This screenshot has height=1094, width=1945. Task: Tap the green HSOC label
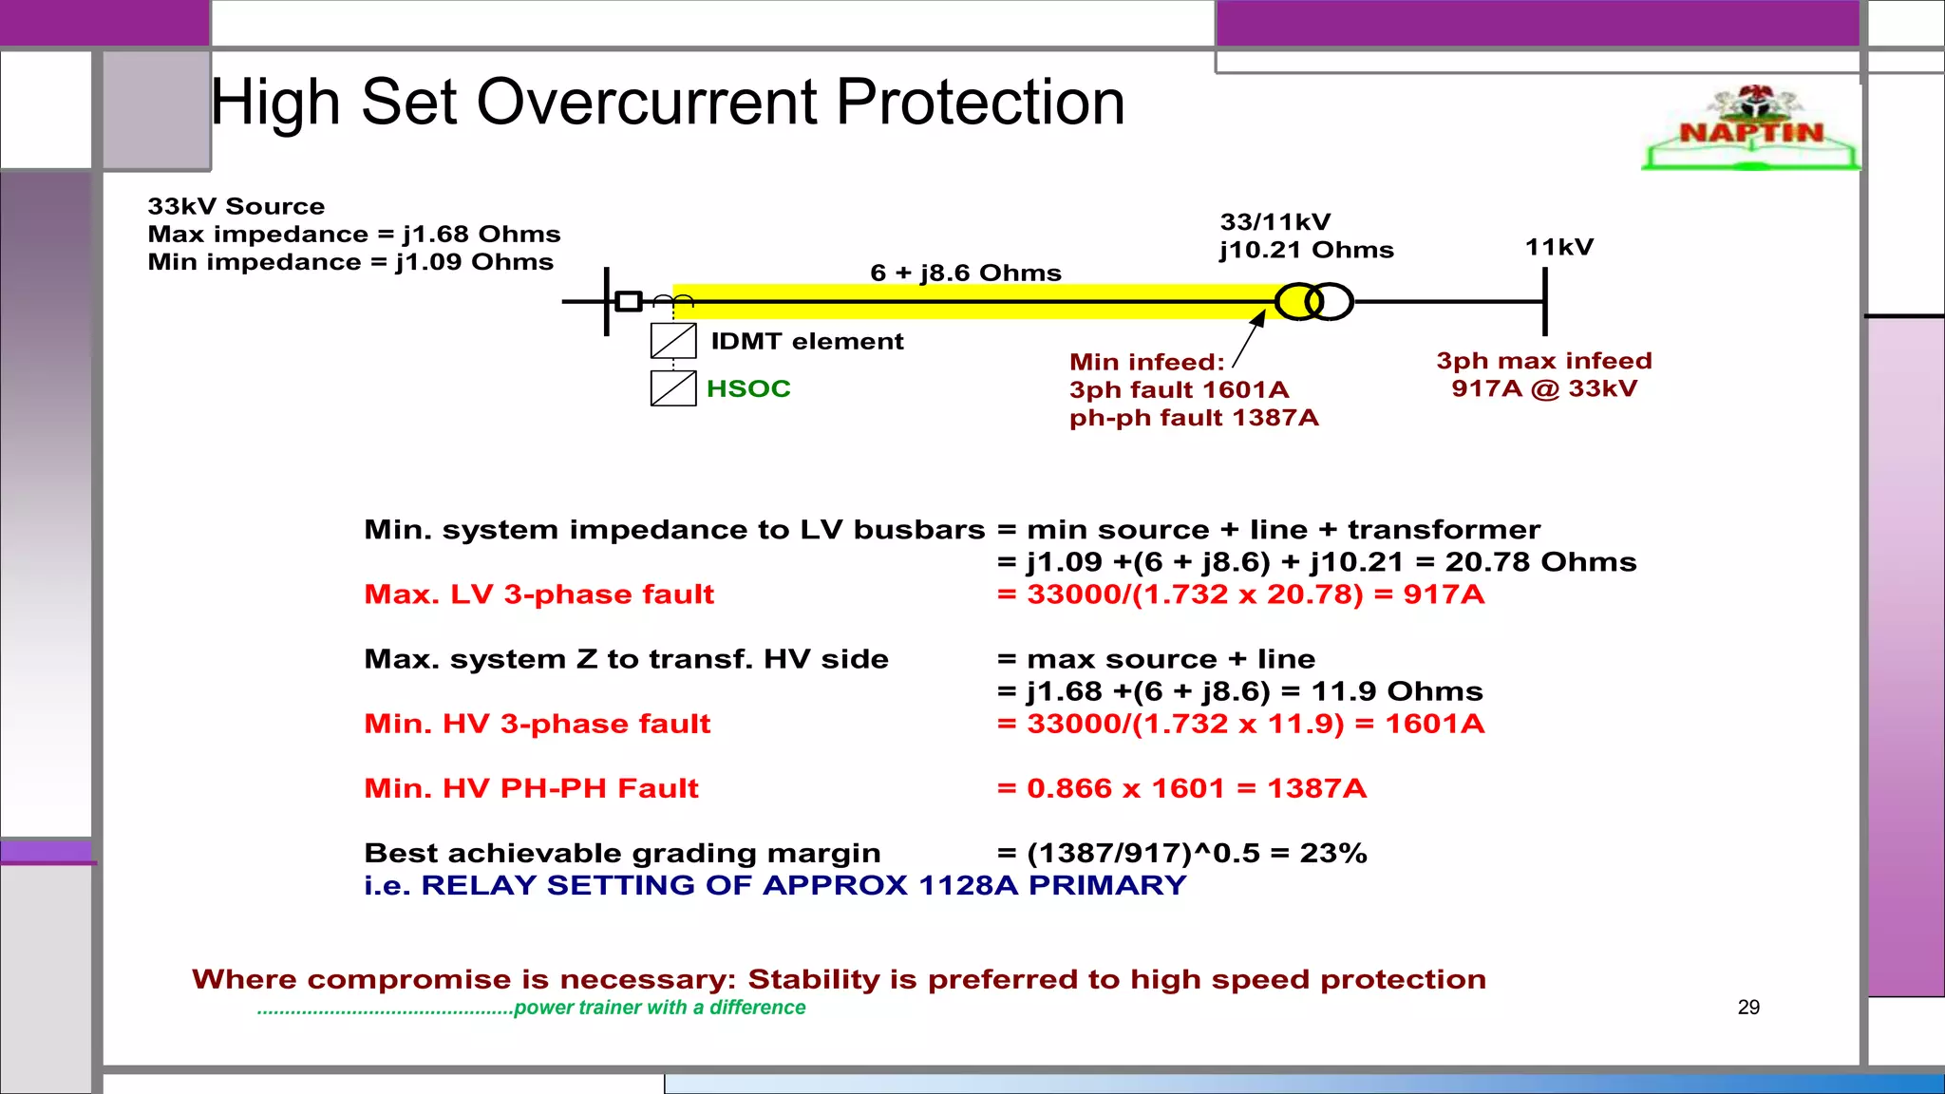(x=748, y=388)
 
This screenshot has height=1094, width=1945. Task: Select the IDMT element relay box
(x=673, y=341)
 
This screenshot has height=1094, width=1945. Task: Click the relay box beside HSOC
(x=673, y=388)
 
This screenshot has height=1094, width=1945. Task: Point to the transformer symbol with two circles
(x=1314, y=302)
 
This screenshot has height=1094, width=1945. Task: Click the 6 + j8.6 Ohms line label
(x=965, y=273)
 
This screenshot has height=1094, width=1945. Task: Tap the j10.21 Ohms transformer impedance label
(x=1307, y=250)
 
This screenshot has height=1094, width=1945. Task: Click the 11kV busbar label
(x=1558, y=247)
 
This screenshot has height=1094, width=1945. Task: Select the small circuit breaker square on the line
(x=629, y=301)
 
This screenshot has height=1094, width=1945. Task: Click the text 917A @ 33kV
(x=1544, y=388)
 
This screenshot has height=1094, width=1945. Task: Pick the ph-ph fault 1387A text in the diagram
(x=1194, y=418)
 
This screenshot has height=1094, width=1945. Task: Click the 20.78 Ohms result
(x=1540, y=562)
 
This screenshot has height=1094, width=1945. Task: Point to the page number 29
(x=1748, y=1007)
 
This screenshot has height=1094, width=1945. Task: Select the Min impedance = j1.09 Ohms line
(x=350, y=262)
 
